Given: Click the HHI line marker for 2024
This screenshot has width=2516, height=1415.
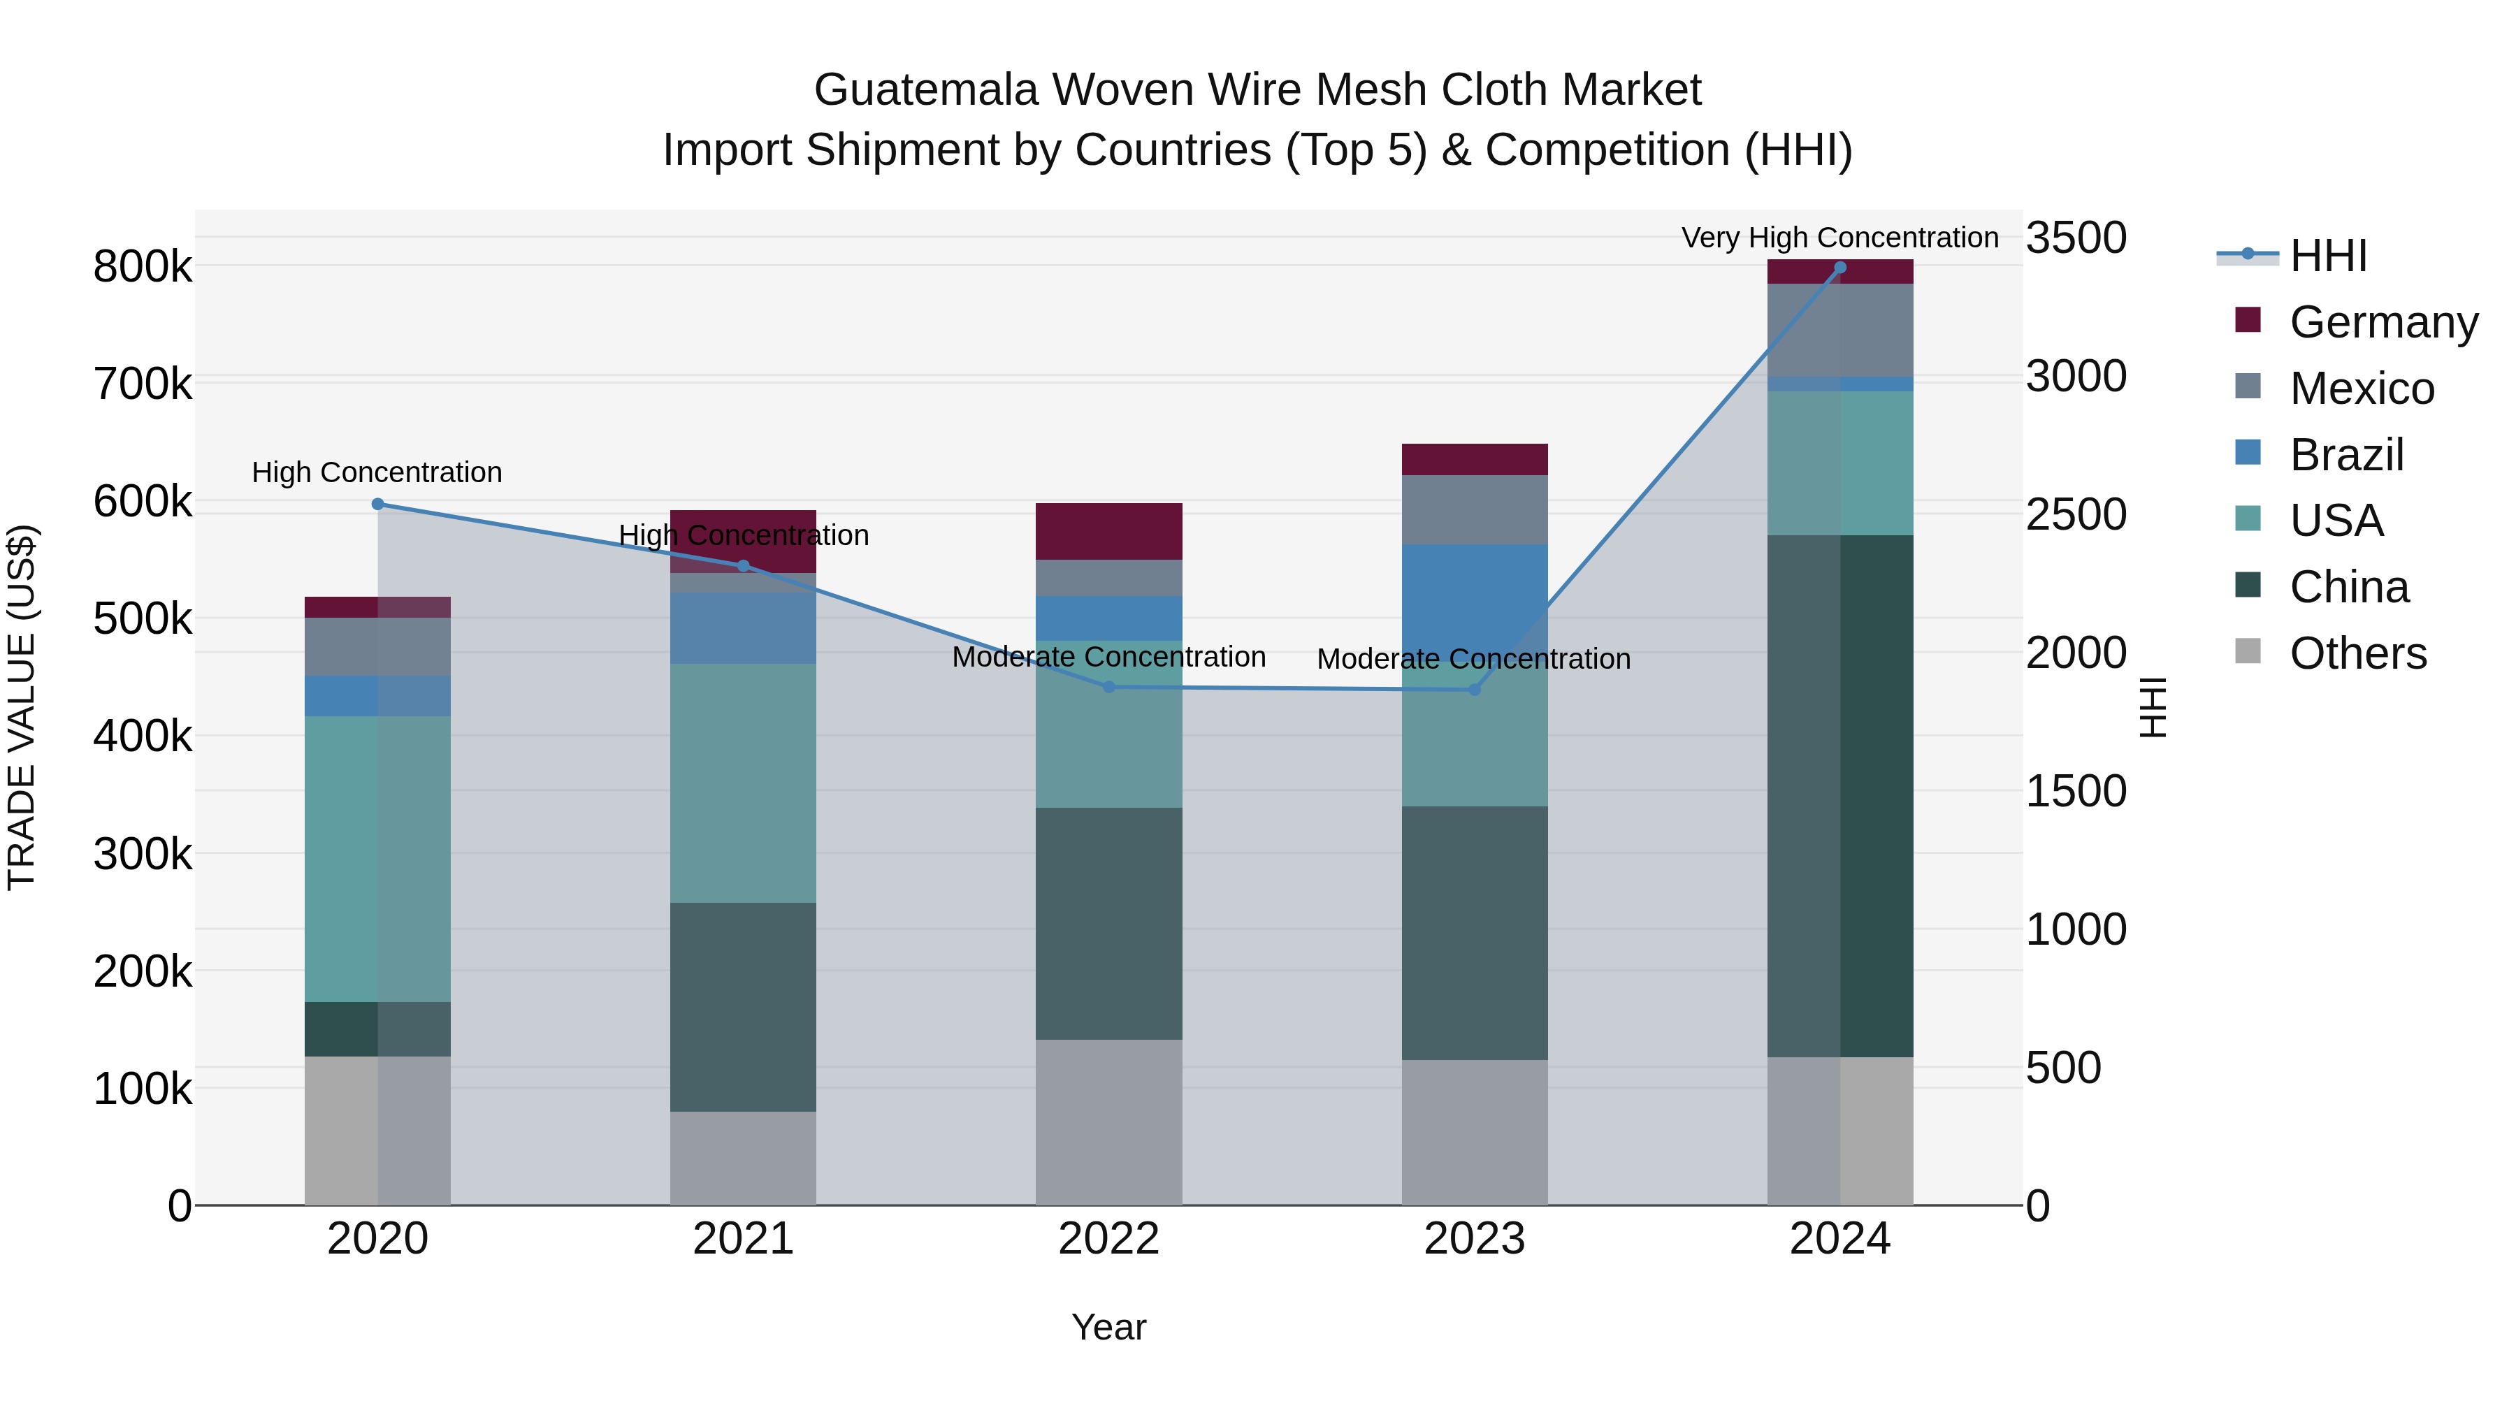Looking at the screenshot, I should click(x=1840, y=268).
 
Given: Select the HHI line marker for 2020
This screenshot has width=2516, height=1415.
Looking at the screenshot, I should click(x=378, y=504).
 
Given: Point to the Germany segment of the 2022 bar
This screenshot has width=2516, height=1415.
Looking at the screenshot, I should click(x=1108, y=531).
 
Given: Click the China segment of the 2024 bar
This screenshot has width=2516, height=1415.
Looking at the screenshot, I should click(x=1840, y=796).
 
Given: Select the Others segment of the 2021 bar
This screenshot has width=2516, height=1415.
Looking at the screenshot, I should click(x=744, y=1158).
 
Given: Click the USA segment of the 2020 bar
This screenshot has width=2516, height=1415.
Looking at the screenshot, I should click(x=378, y=859).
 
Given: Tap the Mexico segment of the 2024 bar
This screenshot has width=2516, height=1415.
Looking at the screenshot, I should click(x=1840, y=330).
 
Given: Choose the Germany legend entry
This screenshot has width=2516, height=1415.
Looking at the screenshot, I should click(x=2383, y=322).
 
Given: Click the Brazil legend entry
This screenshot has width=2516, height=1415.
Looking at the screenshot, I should click(x=2346, y=455).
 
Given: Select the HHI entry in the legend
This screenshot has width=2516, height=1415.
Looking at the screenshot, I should click(x=2329, y=256).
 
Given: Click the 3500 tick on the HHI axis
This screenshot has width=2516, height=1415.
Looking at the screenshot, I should click(x=2076, y=238).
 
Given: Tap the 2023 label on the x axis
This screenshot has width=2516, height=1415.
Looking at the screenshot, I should click(x=1475, y=1239).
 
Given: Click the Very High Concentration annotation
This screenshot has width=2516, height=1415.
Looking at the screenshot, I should click(x=1840, y=238).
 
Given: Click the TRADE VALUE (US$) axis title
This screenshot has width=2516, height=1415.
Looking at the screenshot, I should click(x=22, y=707).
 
